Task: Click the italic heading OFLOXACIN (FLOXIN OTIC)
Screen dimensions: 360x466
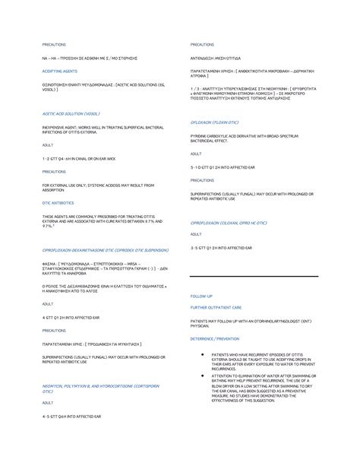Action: (219, 122)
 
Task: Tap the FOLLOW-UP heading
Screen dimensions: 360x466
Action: (201, 294)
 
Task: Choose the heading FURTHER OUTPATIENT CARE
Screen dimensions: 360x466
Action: (216, 307)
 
